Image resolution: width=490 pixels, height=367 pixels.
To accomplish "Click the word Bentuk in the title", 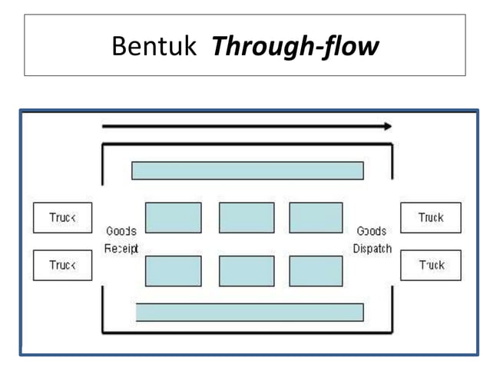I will point(157,47).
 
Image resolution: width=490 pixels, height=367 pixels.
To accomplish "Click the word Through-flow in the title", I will point(295,47).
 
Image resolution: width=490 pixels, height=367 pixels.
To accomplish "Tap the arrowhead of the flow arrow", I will point(388,126).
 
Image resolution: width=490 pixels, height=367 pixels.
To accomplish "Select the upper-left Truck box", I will point(62,218).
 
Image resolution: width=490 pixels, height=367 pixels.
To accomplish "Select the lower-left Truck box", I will point(62,265).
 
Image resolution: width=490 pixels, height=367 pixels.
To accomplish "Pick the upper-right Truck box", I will point(430,218).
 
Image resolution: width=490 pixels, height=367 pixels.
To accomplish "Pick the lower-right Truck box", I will point(430,265).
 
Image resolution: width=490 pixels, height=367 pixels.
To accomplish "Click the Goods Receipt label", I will point(121,240).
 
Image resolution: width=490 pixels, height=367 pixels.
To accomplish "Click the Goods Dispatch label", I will point(372,240).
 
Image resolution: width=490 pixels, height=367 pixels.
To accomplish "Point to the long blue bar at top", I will point(247,170).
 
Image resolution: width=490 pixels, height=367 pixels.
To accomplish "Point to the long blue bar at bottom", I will point(250,312).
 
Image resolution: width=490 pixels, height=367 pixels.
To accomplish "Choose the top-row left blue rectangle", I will point(173,217).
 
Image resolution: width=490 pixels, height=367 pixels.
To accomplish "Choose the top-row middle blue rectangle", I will point(247,217).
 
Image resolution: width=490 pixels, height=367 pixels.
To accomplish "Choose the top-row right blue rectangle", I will point(316,217).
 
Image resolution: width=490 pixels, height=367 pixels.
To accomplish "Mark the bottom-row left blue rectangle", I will point(173,271).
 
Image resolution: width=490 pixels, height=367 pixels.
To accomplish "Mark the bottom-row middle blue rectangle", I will point(247,271).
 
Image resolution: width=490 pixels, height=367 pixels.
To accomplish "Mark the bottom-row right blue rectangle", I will point(316,271).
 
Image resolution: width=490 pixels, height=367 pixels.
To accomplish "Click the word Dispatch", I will point(372,249).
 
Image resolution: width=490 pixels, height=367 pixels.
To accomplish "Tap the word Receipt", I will point(121,249).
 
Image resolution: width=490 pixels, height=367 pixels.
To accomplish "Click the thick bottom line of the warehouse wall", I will point(247,332).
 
